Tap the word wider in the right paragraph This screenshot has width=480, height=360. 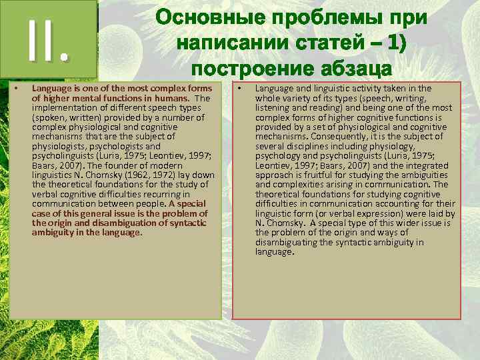point(415,223)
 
